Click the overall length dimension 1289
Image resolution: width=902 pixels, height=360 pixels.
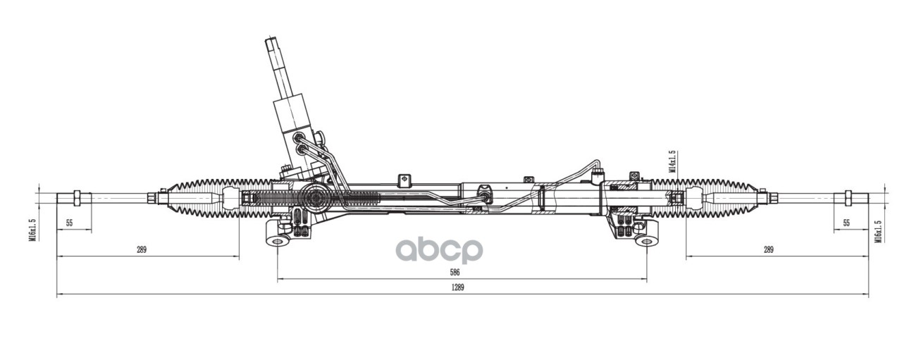459,287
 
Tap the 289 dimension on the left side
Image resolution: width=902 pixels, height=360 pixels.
142,249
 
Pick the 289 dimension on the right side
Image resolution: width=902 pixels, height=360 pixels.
768,249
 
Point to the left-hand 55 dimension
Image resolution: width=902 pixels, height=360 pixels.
70,223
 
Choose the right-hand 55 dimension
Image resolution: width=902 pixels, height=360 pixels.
846,223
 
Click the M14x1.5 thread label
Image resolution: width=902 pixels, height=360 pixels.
673,161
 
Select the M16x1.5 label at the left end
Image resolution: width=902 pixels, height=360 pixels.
32,230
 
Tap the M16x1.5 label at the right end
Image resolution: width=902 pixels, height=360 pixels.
878,231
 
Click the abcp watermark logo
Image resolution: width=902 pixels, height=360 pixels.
438,250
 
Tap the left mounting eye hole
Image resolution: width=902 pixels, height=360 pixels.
278,242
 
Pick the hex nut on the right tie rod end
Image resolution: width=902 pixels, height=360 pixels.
844,198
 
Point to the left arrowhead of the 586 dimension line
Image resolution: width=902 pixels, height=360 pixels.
280,280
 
